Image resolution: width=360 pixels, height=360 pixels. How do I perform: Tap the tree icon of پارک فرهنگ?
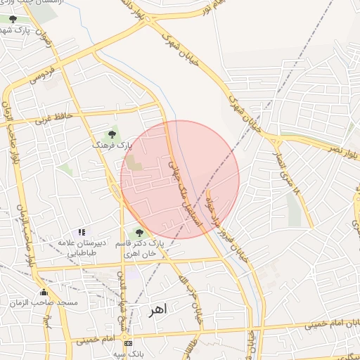click(x=112, y=134)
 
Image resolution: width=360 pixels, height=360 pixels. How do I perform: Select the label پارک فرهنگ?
click(x=112, y=145)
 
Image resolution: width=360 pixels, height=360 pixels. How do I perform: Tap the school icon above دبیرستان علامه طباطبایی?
click(x=82, y=232)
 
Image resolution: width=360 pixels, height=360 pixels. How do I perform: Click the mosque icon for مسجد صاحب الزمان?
click(x=44, y=292)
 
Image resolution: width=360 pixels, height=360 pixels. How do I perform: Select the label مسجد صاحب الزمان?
click(x=44, y=302)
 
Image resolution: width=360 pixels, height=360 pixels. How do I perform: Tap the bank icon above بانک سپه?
click(x=127, y=343)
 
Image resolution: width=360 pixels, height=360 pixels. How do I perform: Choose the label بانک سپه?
click(x=131, y=354)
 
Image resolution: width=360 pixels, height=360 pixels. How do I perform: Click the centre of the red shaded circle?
click(x=180, y=179)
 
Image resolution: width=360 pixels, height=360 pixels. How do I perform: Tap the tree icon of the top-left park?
click(x=13, y=19)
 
